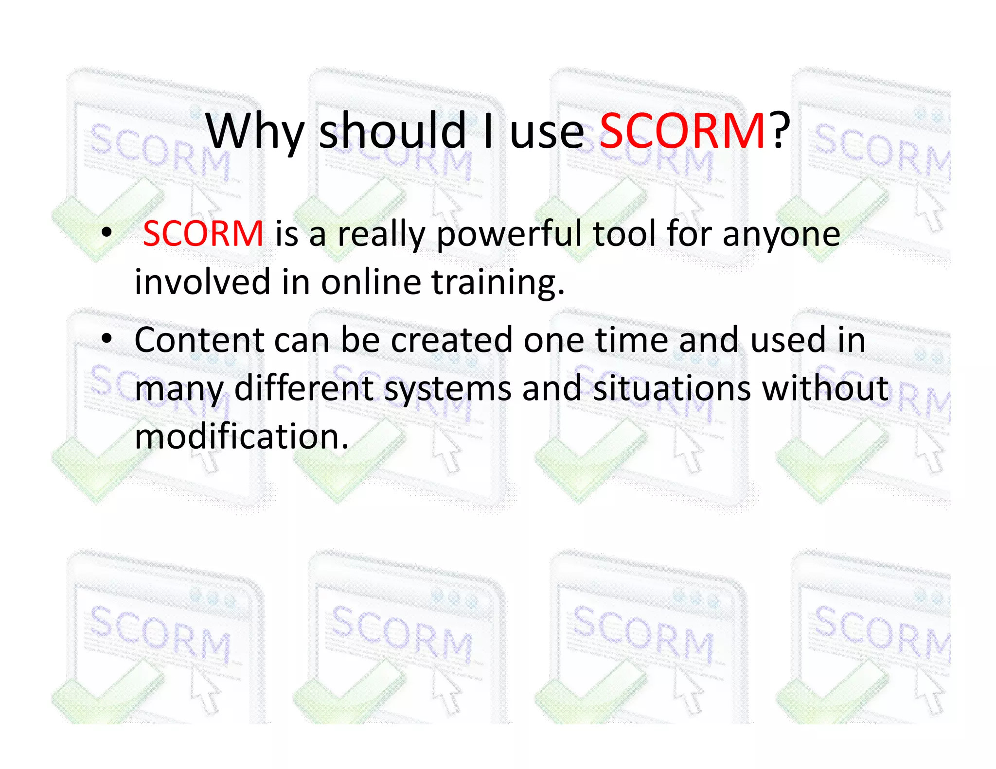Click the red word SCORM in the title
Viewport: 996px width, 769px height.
(682, 131)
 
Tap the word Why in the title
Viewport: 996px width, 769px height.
(255, 131)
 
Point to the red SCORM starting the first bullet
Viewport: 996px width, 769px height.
(203, 234)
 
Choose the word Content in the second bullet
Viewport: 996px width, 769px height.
(199, 340)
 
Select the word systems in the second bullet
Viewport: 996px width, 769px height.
(447, 389)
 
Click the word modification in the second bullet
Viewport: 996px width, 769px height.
(241, 436)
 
